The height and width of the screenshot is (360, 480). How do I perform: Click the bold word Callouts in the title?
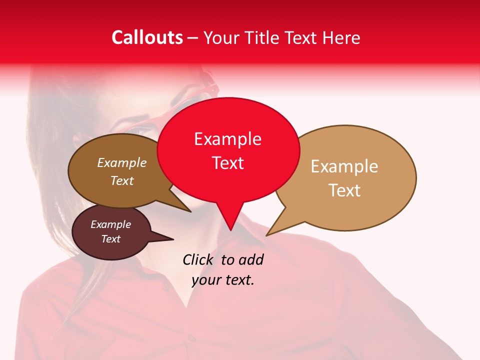(x=147, y=37)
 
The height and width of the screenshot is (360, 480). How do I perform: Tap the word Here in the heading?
(x=341, y=37)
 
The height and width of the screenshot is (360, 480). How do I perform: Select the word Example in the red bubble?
(x=227, y=139)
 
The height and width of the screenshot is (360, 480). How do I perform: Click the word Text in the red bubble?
(x=227, y=163)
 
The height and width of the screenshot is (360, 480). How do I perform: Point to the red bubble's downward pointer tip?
(x=230, y=229)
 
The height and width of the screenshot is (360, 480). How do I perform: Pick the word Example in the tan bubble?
(x=344, y=166)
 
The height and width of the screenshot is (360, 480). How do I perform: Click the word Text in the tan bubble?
(x=344, y=190)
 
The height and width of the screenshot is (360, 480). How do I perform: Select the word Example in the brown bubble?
(x=121, y=162)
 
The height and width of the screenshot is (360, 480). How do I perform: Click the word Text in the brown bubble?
(x=121, y=180)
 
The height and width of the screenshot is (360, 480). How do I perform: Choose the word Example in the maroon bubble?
(x=110, y=224)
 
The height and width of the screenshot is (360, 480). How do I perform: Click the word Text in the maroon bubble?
(x=110, y=239)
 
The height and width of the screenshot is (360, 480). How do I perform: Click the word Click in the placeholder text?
(x=198, y=259)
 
